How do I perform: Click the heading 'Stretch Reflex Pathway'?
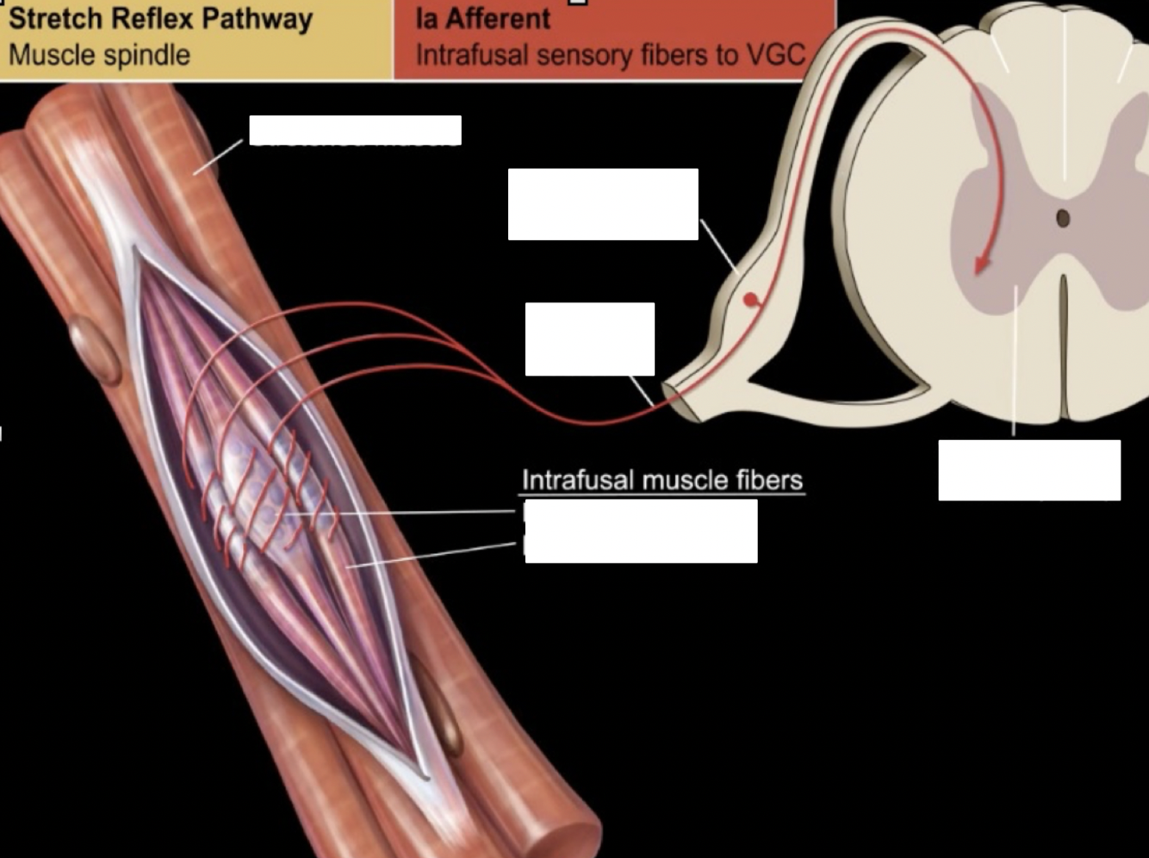click(x=160, y=19)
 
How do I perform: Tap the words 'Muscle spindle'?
click(x=99, y=55)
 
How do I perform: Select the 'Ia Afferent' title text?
click(x=482, y=19)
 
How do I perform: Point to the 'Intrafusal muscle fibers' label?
click(x=661, y=480)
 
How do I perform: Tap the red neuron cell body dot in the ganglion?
click(x=751, y=300)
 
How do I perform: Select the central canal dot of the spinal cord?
click(x=1062, y=218)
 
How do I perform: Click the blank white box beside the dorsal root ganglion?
click(x=603, y=204)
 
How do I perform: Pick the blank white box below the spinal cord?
click(x=1029, y=470)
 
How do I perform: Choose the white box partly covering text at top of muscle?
click(x=355, y=130)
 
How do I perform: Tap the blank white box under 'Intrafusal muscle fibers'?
click(x=641, y=532)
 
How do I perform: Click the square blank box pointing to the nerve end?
click(x=590, y=339)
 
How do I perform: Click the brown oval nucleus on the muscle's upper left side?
click(x=95, y=350)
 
